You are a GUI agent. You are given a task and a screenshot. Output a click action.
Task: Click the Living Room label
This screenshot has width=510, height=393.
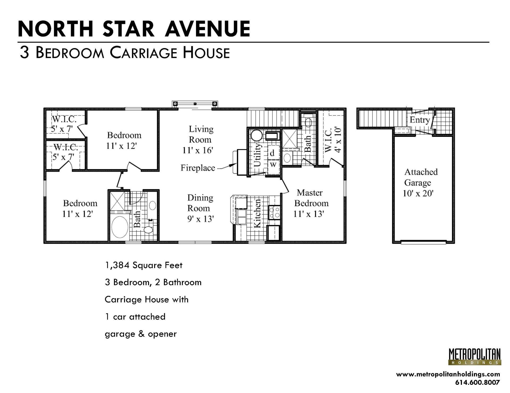(x=201, y=134)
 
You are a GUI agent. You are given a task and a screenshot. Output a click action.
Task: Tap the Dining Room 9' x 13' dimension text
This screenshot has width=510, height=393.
(x=201, y=219)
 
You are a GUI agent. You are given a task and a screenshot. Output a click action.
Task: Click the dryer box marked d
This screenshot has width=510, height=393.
(x=272, y=153)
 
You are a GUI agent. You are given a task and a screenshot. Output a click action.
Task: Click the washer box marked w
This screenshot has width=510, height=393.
(x=273, y=164)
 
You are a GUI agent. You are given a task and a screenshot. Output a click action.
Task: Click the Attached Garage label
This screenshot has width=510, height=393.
(x=420, y=177)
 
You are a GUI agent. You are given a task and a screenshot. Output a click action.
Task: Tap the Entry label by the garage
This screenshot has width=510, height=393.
(x=419, y=120)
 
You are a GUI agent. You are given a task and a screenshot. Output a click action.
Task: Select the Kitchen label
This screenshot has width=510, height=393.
(x=257, y=214)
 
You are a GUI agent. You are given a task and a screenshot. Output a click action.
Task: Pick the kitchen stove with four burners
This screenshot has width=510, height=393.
(x=274, y=212)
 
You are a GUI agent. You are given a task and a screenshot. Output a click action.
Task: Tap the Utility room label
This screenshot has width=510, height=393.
(x=257, y=155)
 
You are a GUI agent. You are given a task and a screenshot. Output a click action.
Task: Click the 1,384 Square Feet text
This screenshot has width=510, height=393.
(x=144, y=265)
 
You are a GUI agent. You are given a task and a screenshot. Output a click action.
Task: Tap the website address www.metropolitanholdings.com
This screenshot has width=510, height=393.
(x=448, y=374)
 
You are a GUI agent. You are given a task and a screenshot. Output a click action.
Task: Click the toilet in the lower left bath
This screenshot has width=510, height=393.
(x=148, y=229)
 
